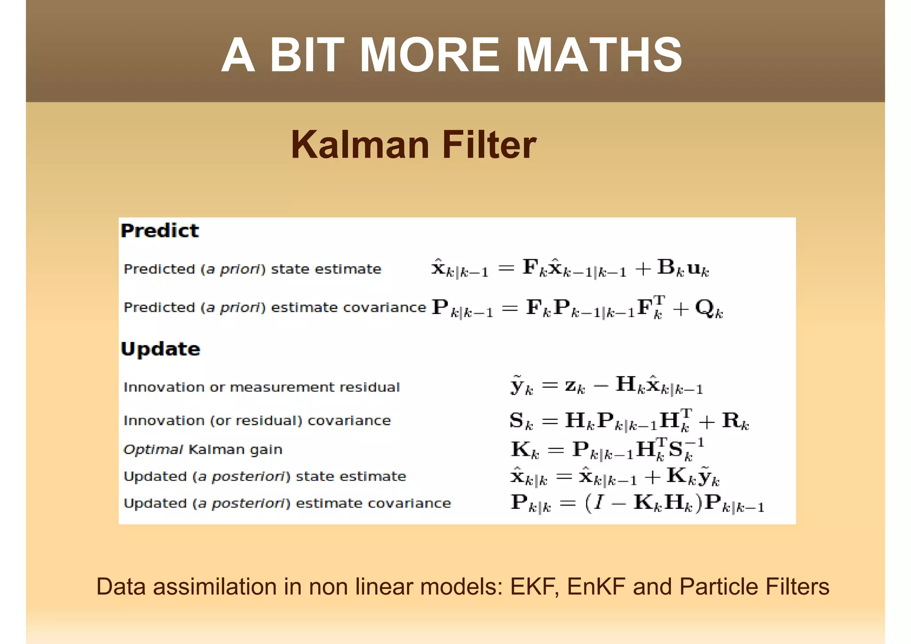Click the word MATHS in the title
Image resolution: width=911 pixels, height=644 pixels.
point(598,55)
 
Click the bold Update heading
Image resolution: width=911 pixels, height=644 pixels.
point(161,349)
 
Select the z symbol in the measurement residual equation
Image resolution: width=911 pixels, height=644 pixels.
point(572,385)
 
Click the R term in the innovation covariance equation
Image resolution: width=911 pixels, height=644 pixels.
point(731,420)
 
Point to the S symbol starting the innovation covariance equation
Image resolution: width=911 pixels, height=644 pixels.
point(517,420)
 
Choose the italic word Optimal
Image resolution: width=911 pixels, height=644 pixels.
point(153,450)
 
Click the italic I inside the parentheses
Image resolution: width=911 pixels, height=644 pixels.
point(599,503)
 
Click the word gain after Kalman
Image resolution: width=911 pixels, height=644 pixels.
point(266,450)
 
